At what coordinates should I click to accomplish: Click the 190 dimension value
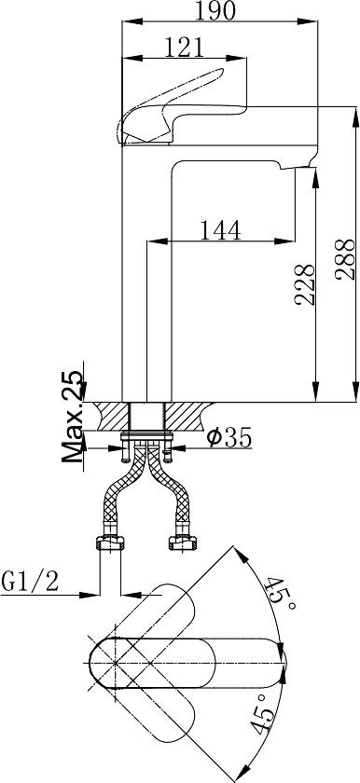click(x=215, y=10)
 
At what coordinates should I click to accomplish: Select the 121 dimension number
click(x=185, y=48)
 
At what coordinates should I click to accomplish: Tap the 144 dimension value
click(x=220, y=230)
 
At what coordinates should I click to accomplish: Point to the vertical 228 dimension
click(x=305, y=284)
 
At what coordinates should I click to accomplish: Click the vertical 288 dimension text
click(x=346, y=260)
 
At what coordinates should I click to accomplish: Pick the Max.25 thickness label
click(x=73, y=416)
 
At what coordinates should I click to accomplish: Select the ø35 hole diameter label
click(x=229, y=438)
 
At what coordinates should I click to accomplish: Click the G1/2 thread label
click(x=30, y=582)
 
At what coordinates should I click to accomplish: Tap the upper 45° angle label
click(x=281, y=594)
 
